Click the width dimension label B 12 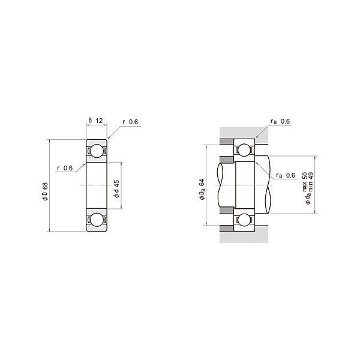96,121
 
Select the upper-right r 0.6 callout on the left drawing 130,122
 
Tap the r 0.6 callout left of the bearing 64,168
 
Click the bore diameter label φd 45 116,189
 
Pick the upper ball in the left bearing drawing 96,151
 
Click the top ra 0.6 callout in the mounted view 280,122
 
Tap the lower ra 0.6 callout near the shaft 286,175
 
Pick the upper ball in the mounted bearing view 245,150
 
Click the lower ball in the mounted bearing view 245,220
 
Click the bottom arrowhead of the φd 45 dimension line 121,210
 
